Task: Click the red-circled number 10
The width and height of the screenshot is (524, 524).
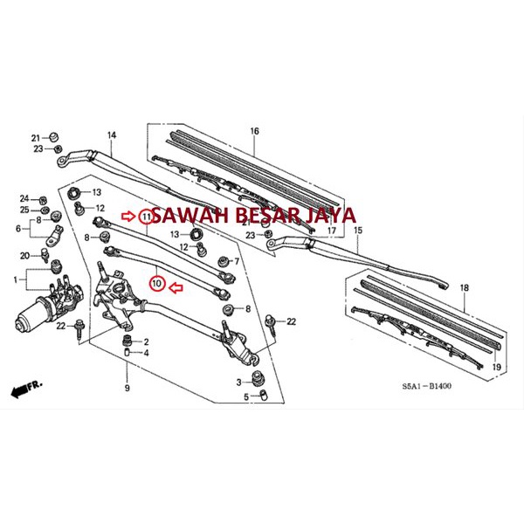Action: point(157,284)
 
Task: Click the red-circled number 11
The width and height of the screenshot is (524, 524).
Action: point(145,215)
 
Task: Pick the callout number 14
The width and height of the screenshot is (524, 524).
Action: point(111,135)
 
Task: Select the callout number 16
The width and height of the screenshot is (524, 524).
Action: point(255,131)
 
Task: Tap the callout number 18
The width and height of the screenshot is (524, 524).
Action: point(464,286)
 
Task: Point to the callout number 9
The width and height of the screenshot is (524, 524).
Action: point(127,388)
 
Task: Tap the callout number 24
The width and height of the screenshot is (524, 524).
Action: point(24,198)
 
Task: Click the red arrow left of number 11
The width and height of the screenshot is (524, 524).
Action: point(129,215)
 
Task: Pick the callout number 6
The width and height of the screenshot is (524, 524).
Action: point(18,229)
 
